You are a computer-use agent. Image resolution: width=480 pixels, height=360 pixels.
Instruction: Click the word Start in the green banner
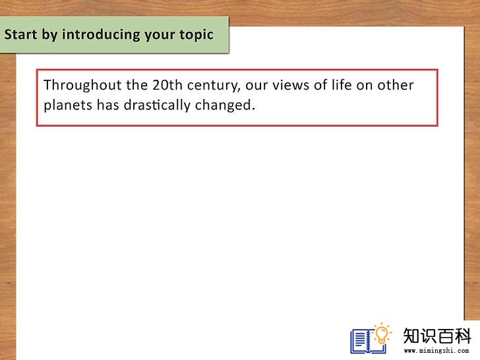pos(20,34)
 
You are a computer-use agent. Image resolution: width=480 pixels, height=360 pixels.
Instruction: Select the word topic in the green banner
pos(196,35)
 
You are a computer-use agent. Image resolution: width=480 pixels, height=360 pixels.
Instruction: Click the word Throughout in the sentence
pos(82,86)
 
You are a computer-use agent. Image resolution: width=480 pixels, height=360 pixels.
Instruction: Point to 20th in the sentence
pos(167,85)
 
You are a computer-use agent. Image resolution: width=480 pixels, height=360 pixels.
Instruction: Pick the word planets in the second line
pos(68,105)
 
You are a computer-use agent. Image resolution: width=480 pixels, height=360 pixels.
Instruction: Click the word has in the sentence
pos(108,105)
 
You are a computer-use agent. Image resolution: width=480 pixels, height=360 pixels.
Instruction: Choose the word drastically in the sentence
pos(157,105)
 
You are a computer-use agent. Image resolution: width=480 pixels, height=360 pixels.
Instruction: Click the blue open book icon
pos(368,341)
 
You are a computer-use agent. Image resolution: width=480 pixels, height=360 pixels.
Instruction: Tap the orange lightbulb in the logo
pos(382,334)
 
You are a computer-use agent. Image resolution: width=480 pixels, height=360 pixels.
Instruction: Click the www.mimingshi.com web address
pos(436,350)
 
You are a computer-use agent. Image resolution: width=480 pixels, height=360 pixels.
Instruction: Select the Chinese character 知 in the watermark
pos(411,336)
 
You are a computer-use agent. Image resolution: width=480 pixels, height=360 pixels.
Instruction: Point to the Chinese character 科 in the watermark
pos(462,336)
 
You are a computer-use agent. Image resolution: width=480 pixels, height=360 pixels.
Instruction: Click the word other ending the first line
pos(395,85)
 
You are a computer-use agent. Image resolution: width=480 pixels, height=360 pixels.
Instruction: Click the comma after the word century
pos(239,90)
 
